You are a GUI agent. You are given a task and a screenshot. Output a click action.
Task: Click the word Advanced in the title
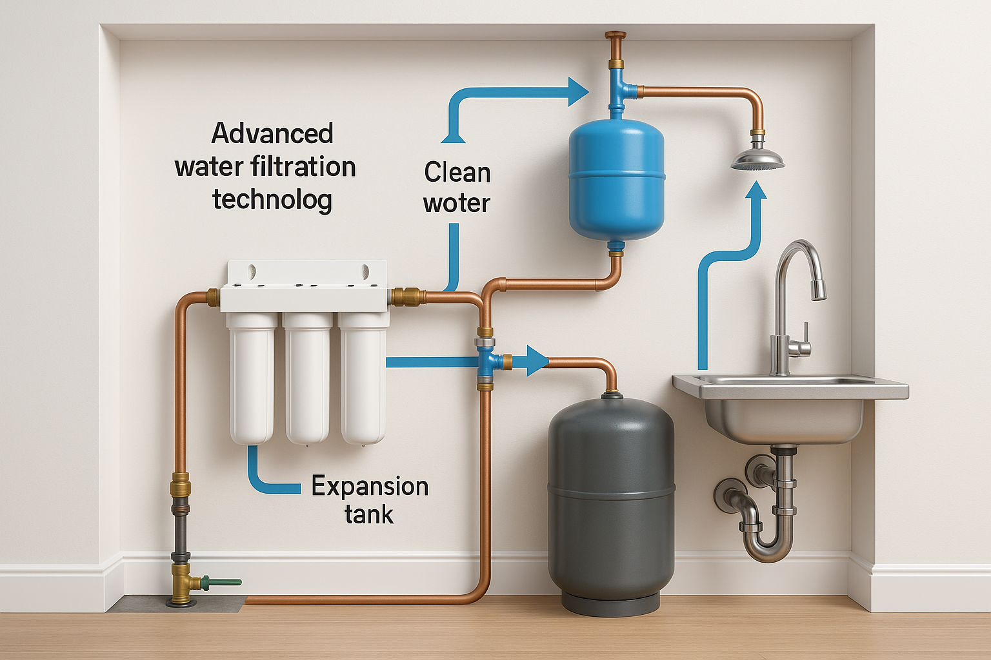(272, 133)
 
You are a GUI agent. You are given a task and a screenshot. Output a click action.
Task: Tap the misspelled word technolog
(272, 200)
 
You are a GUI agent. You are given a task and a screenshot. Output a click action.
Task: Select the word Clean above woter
(457, 172)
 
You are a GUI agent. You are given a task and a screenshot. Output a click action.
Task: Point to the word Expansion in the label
(370, 487)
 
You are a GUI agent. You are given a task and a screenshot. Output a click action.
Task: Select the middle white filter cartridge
(308, 378)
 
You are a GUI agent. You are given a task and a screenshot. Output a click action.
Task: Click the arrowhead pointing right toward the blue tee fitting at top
(578, 92)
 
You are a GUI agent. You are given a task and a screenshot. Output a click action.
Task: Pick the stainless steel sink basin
(790, 407)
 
